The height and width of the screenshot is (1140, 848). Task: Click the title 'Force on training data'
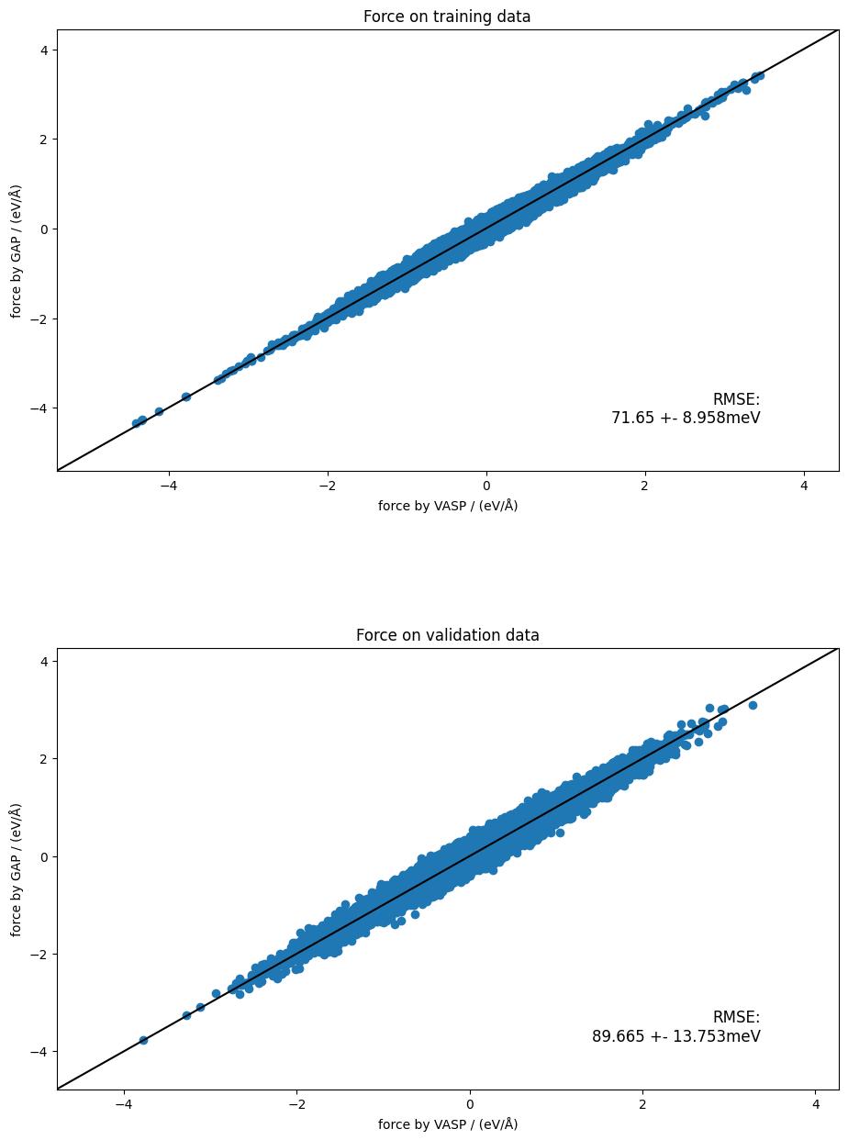pyautogui.click(x=447, y=17)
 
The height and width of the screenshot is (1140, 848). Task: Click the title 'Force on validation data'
pyautogui.click(x=447, y=635)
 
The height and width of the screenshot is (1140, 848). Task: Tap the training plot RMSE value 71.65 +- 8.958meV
pyautogui.click(x=686, y=418)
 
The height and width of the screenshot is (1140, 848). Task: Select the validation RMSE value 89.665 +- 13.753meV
pyautogui.click(x=675, y=1036)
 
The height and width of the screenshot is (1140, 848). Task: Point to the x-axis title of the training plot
pyautogui.click(x=447, y=506)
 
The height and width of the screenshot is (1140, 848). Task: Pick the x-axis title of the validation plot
pyautogui.click(x=447, y=1124)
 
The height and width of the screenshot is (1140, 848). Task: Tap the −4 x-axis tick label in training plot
pyautogui.click(x=168, y=486)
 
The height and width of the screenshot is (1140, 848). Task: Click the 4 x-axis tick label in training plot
pyautogui.click(x=804, y=486)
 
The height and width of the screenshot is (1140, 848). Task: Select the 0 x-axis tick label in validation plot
pyautogui.click(x=470, y=1104)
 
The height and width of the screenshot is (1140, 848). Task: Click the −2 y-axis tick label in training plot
pyautogui.click(x=39, y=319)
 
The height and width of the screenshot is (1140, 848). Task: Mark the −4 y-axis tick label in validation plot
pyautogui.click(x=39, y=1051)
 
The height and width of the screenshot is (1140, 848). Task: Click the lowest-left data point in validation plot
pyautogui.click(x=143, y=1040)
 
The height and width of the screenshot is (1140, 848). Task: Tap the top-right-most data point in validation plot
pyautogui.click(x=753, y=705)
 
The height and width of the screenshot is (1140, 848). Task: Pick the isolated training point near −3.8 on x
pyautogui.click(x=185, y=397)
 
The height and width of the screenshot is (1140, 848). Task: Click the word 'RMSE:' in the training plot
pyautogui.click(x=736, y=399)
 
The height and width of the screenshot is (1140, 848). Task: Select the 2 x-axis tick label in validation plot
pyautogui.click(x=642, y=1104)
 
